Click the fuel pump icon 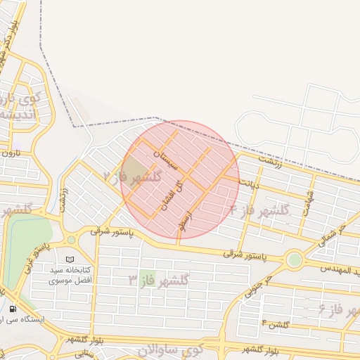click(13, 309)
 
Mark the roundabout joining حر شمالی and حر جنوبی click(295, 260)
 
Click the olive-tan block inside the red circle click(132, 169)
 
